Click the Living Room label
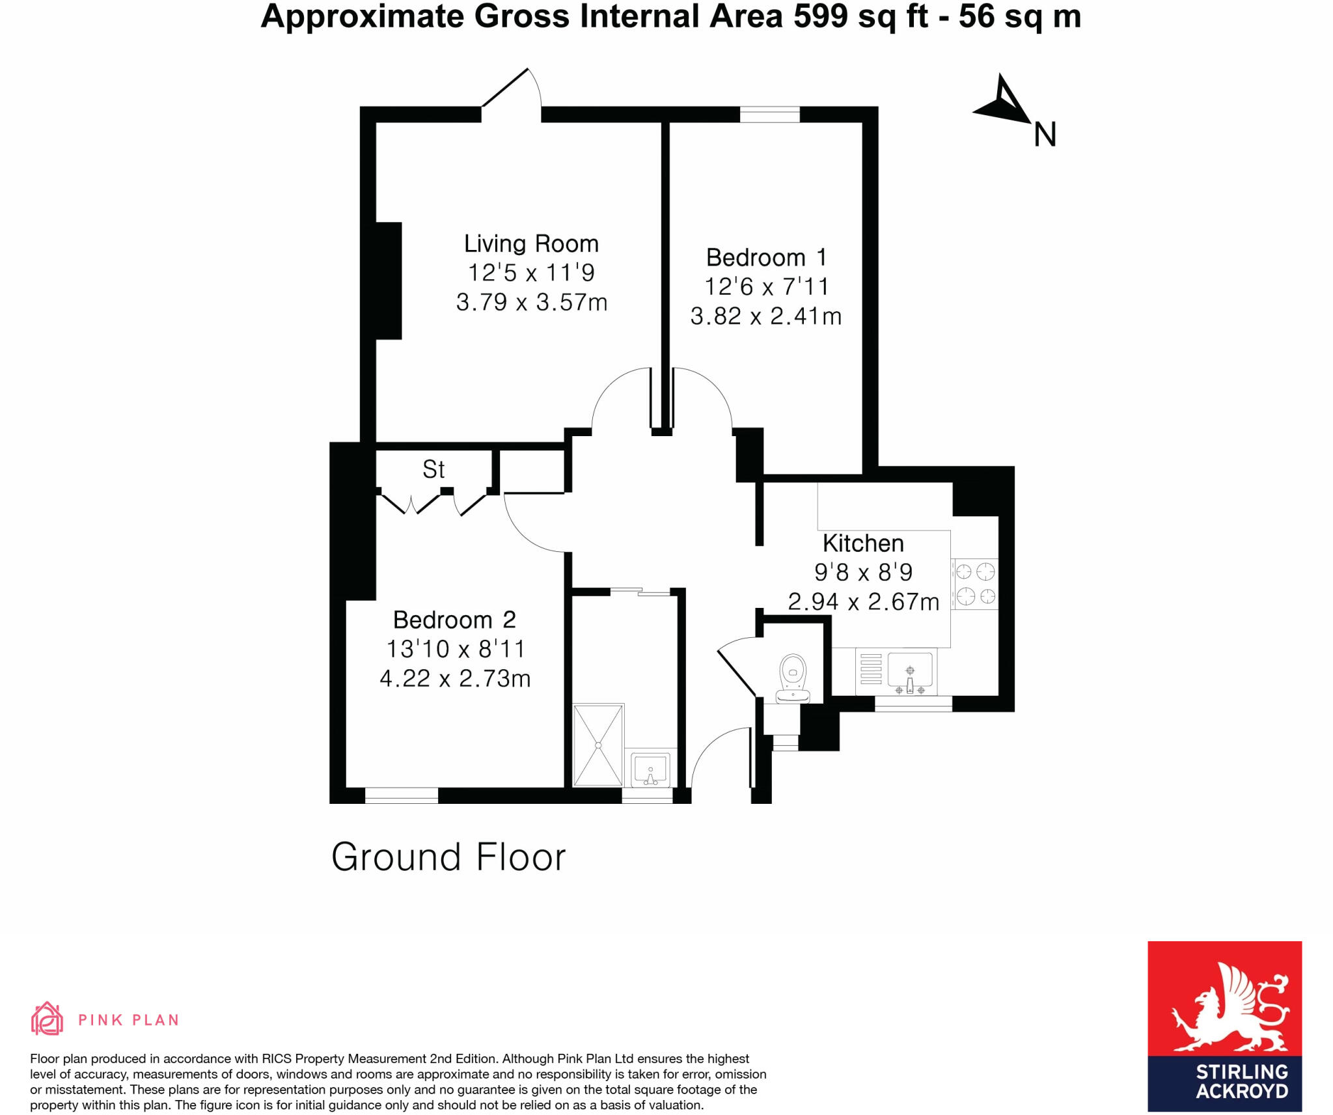point(530,243)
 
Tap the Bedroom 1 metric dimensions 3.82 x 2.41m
point(765,316)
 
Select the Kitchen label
point(862,543)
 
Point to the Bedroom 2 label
point(454,620)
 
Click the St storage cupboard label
point(433,469)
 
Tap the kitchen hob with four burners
point(974,584)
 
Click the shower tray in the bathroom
point(598,745)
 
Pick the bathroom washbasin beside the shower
point(650,770)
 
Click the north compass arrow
point(1002,103)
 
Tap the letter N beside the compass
point(1045,135)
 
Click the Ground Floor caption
point(448,857)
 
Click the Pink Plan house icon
point(47,1019)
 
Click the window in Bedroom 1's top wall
point(769,115)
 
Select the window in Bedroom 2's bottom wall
point(401,795)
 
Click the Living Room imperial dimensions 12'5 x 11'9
point(530,273)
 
